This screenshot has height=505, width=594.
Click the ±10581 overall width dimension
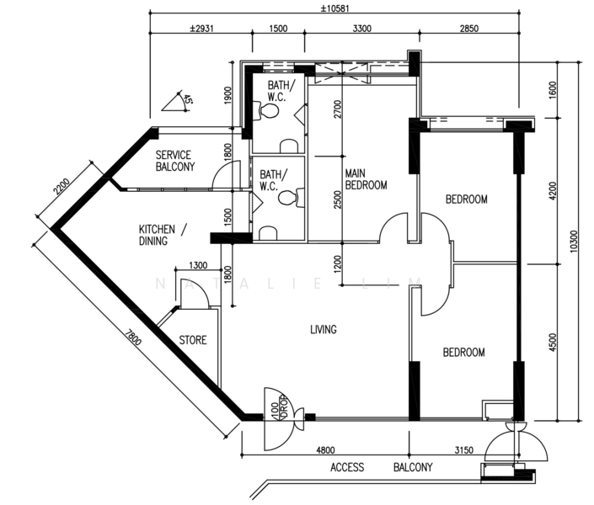click(x=334, y=8)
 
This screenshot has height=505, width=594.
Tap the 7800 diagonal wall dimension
click(x=133, y=338)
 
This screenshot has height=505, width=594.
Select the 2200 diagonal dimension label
click(x=62, y=186)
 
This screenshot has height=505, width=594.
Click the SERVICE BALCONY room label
click(x=175, y=161)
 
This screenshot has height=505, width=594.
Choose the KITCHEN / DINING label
click(x=163, y=235)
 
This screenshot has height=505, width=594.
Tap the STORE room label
click(x=193, y=340)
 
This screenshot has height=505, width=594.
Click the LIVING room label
click(x=324, y=329)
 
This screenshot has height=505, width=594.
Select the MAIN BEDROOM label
click(x=366, y=179)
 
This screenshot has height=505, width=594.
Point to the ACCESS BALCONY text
click(x=381, y=467)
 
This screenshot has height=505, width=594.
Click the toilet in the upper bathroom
click(x=269, y=111)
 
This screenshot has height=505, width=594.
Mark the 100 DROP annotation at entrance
click(x=281, y=408)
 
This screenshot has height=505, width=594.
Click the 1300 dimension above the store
click(x=198, y=265)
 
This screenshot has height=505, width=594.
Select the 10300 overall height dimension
click(x=574, y=241)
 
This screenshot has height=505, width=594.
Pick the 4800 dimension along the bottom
click(x=325, y=449)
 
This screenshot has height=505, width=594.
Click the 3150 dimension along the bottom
click(x=463, y=449)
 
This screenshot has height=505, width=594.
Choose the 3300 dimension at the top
click(x=361, y=29)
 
